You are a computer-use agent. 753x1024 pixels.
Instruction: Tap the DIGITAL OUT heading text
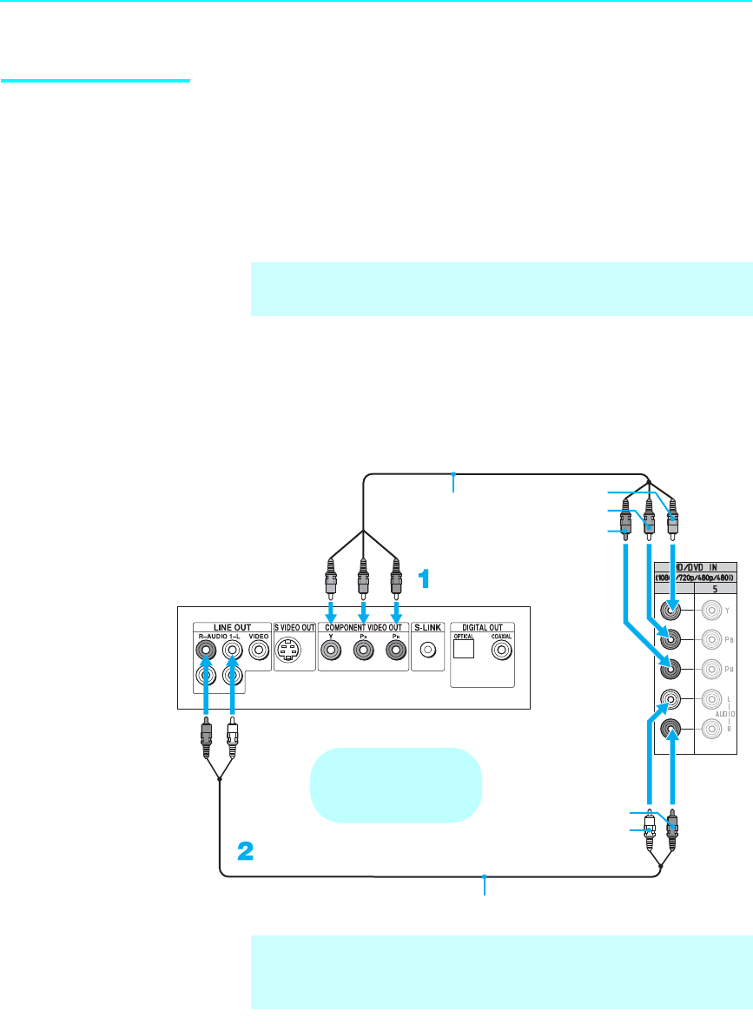point(483,627)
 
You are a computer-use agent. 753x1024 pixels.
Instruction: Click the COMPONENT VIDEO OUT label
point(362,627)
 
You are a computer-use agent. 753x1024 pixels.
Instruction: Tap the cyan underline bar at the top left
point(96,82)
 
